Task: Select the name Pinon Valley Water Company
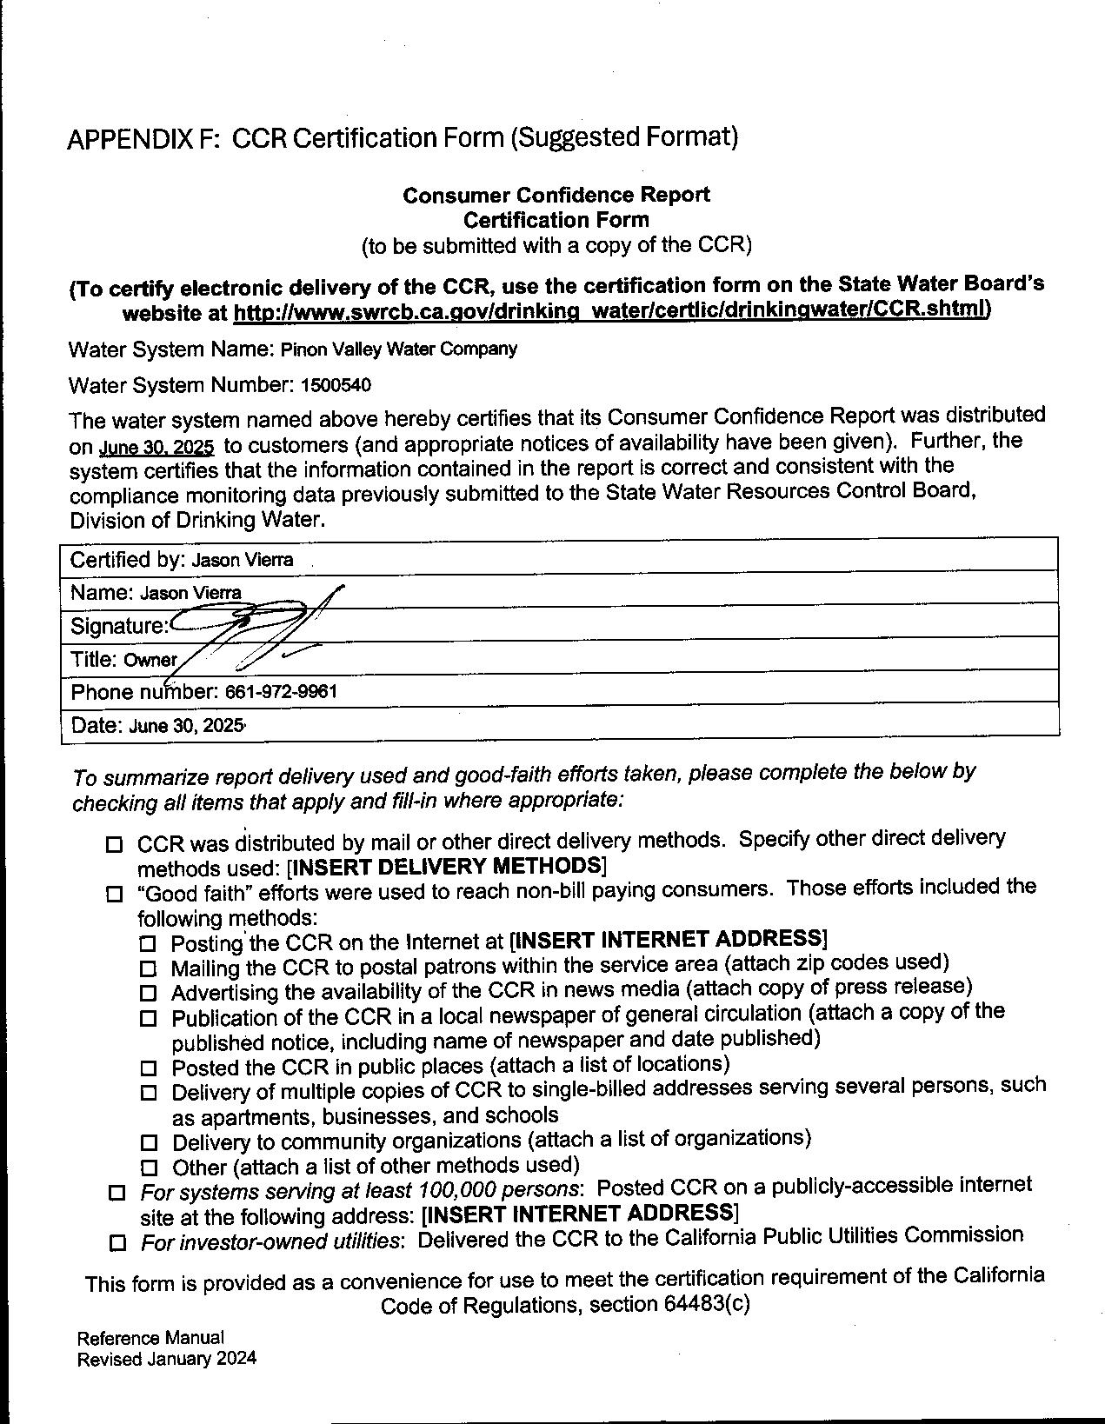[398, 349]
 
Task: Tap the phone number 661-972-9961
[281, 692]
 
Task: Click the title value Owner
[150, 660]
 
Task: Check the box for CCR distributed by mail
[115, 844]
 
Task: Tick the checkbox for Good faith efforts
[115, 894]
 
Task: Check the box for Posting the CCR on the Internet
[148, 943]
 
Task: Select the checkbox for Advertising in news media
[148, 993]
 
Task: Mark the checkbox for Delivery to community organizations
[149, 1142]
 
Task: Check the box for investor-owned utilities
[117, 1243]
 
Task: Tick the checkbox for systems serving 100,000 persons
[116, 1193]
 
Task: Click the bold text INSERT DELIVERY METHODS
[446, 867]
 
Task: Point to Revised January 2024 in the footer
[167, 1360]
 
